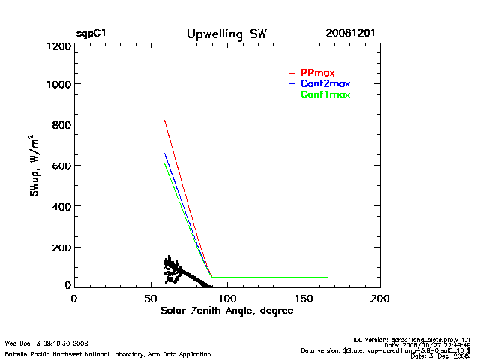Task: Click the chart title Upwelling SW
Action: tap(226, 34)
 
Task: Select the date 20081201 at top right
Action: tap(351, 34)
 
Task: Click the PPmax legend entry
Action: tap(317, 72)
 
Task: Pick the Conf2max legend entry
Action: tap(325, 83)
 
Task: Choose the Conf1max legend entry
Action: tap(325, 94)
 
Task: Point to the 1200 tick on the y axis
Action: tap(60, 46)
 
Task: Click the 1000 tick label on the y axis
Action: tap(60, 85)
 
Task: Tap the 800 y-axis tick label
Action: tap(63, 125)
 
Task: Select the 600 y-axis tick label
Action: tap(63, 166)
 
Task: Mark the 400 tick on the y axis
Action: tap(63, 206)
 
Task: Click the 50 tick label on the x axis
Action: tap(150, 298)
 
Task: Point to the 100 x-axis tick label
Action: tap(226, 298)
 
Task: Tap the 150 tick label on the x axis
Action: tap(304, 298)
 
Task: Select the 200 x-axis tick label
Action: tap(380, 298)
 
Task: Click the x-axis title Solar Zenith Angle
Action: tap(227, 310)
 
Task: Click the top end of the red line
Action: tap(165, 121)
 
